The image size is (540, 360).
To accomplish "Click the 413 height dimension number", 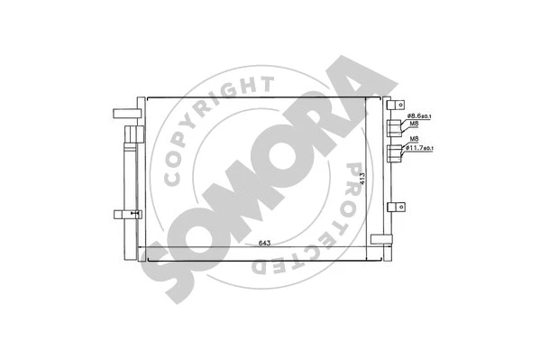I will click(x=362, y=180).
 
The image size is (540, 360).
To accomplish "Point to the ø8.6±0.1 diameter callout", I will click(x=421, y=116).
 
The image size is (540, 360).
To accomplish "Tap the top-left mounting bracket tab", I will click(x=124, y=114).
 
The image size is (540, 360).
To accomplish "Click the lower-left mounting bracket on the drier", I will click(x=126, y=214).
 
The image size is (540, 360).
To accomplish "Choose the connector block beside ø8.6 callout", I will click(x=394, y=127).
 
